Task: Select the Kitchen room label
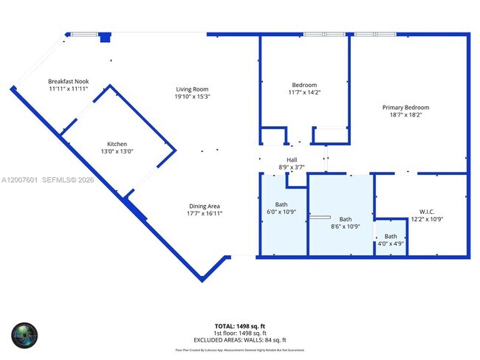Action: [117, 144]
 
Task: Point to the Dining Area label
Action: [203, 206]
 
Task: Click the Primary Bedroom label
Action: [405, 108]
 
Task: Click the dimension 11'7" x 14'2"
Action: [304, 92]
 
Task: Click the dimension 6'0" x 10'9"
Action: [281, 212]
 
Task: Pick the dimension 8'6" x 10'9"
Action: [346, 226]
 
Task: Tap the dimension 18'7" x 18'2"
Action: [405, 116]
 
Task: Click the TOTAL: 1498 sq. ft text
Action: [239, 325]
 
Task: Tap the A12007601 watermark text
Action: [23, 180]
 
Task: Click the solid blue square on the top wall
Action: [105, 37]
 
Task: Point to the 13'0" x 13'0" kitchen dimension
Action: [117, 152]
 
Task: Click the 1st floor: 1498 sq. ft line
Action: [239, 332]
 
